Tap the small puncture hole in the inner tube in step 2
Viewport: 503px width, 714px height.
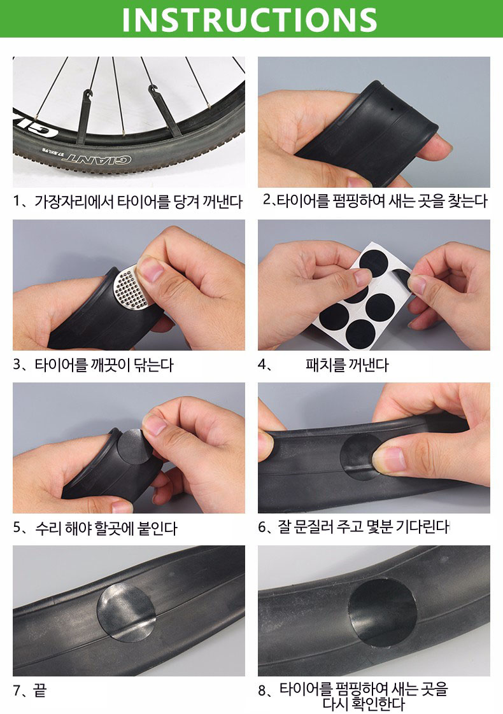tap(392, 110)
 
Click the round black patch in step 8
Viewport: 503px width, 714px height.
tap(382, 613)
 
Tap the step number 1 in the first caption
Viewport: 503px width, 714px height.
tap(17, 201)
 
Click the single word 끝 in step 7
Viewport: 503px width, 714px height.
tap(39, 690)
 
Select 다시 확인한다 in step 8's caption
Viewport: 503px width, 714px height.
tap(363, 704)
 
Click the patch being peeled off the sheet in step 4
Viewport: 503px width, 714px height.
tap(402, 276)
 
